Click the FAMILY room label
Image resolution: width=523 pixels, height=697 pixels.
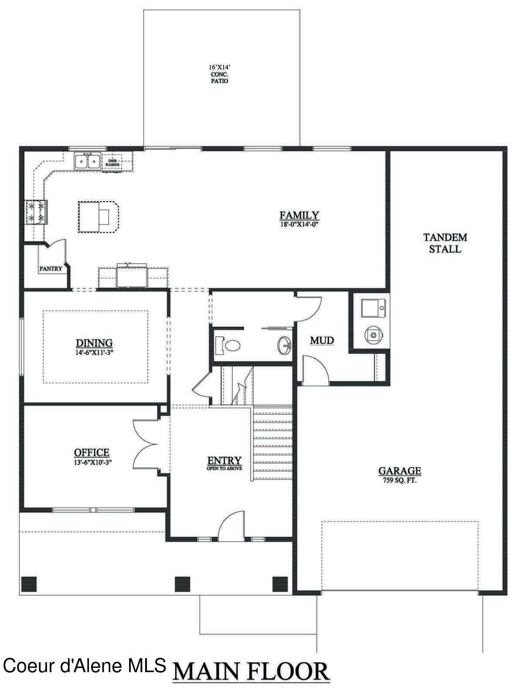click(x=299, y=215)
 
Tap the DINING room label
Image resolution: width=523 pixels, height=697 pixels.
click(x=94, y=343)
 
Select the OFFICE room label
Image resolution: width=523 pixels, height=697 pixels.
click(x=92, y=453)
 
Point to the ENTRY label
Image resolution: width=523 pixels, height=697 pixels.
click(x=224, y=460)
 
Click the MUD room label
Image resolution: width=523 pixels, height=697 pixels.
click(x=322, y=340)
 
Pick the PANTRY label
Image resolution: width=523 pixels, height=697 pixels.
click(x=51, y=269)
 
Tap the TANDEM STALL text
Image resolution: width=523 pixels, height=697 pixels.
click(x=445, y=243)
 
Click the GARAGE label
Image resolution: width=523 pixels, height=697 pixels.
click(x=400, y=470)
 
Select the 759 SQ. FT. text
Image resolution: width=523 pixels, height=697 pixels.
click(x=400, y=481)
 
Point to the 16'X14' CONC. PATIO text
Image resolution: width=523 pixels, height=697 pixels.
click(x=219, y=74)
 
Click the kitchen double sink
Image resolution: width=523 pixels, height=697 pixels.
click(x=87, y=161)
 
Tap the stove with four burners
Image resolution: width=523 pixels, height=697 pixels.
click(x=36, y=211)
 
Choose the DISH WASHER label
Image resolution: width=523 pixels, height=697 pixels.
click(x=112, y=162)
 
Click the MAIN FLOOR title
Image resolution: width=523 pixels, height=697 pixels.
click(x=251, y=672)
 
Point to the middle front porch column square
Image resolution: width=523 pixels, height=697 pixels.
click(x=183, y=584)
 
